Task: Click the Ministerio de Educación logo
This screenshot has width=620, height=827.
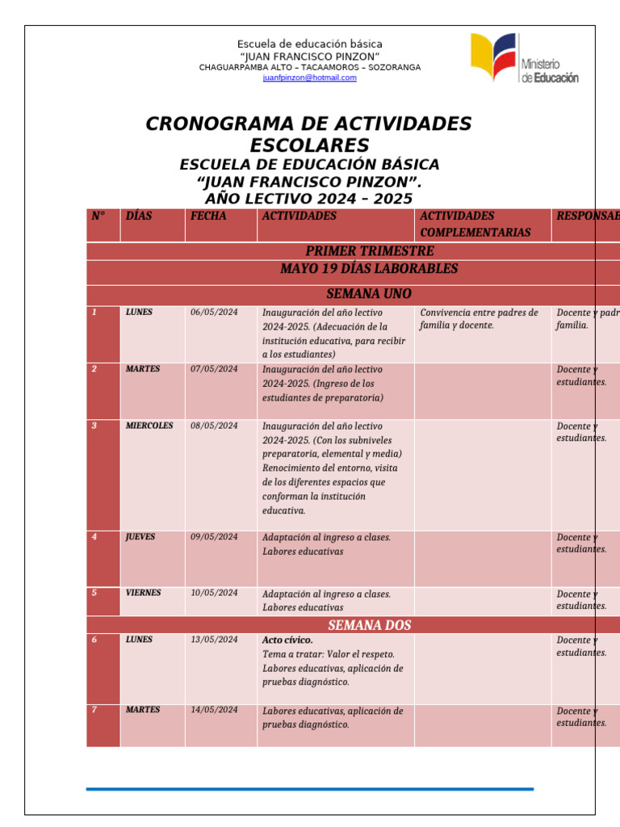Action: tap(524, 58)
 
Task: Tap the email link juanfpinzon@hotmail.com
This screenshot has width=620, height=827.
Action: tap(309, 78)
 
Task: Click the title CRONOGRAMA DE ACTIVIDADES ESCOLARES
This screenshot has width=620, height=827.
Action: tap(308, 134)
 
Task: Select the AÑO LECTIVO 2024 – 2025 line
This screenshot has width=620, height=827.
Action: tap(308, 199)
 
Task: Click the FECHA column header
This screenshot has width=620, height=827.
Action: tap(208, 216)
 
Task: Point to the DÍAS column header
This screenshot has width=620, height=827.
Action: tap(139, 216)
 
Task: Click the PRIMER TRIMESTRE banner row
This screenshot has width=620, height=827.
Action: tap(369, 251)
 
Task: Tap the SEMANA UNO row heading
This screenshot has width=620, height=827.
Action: tap(369, 294)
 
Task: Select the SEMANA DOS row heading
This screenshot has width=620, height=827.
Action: tap(369, 625)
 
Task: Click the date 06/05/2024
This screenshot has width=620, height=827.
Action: tap(214, 313)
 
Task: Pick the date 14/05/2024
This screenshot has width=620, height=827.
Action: tap(214, 710)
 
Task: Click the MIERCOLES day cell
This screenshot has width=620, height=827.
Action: tap(149, 426)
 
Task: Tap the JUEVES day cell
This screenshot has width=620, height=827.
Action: tap(140, 536)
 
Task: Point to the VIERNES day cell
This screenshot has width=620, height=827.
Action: tap(143, 593)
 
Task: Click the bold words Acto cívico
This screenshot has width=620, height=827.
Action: tap(287, 640)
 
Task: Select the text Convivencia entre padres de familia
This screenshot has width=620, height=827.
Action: tap(479, 319)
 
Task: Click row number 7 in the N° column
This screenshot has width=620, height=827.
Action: tap(94, 710)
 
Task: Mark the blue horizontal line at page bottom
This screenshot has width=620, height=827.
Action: tap(309, 788)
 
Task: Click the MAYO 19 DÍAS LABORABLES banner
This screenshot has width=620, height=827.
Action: tap(369, 269)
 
